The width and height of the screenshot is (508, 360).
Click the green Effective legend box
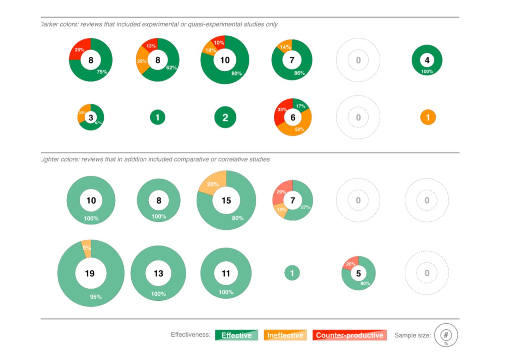236,335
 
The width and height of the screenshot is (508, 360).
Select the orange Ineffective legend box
285,335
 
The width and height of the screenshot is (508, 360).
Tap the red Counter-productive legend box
349,335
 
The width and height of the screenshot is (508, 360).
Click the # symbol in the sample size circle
446,335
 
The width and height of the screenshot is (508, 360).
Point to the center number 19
90,274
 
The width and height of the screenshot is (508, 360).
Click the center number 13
158,274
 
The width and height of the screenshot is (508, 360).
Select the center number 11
226,274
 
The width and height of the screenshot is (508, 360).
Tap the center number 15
226,200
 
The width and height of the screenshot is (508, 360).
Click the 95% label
96,297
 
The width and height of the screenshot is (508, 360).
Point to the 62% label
171,67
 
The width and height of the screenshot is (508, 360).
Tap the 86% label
300,73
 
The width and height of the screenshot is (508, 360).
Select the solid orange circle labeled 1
428,118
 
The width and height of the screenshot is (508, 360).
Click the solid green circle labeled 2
225,118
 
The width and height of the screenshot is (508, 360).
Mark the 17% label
301,106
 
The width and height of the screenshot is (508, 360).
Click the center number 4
427,60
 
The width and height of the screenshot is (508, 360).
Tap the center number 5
358,274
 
